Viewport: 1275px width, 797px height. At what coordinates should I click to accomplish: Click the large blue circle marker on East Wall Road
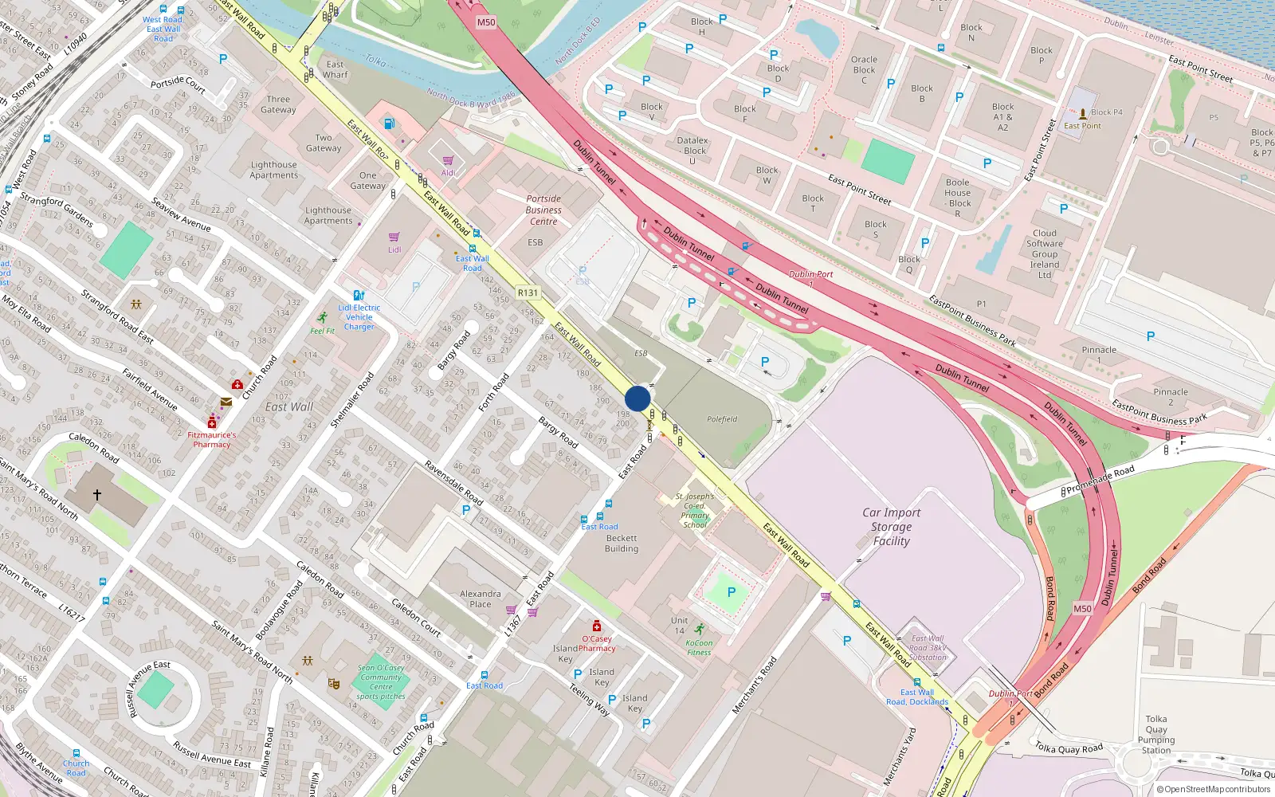point(637,398)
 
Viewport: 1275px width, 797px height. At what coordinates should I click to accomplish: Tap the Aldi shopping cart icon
point(449,160)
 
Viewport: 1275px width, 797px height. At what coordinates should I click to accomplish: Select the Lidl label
point(394,249)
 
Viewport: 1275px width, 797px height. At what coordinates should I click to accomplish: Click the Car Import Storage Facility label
point(891,527)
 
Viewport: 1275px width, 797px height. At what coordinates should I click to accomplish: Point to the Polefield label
point(722,419)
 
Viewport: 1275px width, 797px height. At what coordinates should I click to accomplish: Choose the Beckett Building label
point(622,544)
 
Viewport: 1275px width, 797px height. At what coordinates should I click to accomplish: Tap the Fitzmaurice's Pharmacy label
point(212,440)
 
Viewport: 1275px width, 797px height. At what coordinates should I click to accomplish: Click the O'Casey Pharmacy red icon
point(596,626)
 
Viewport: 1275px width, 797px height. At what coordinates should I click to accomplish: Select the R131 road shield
point(528,292)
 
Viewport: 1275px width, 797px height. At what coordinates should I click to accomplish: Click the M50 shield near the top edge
point(486,22)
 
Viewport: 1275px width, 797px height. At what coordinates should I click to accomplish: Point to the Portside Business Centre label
point(543,210)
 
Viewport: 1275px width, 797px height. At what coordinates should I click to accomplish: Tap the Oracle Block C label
point(864,69)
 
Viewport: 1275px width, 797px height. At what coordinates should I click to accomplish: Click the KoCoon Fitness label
point(699,647)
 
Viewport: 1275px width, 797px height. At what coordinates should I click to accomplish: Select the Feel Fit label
point(323,331)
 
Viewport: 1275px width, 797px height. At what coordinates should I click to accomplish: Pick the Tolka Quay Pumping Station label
point(1156,734)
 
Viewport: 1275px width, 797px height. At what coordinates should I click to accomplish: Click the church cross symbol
point(97,495)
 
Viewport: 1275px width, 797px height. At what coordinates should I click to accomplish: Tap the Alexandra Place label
point(481,599)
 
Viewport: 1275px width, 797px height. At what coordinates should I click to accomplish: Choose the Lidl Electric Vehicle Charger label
point(359,317)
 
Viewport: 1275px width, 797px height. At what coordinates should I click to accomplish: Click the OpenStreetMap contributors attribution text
point(1214,789)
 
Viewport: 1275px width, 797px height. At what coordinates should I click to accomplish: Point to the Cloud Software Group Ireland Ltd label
point(1044,254)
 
